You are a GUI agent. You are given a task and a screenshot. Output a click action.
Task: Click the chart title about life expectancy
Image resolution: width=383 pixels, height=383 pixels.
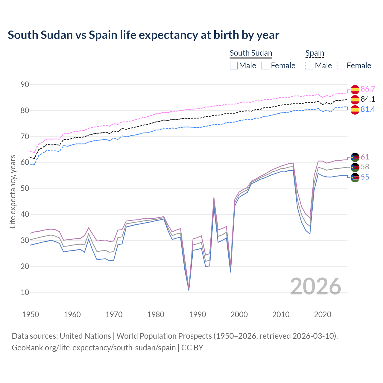pyautogui.click(x=143, y=35)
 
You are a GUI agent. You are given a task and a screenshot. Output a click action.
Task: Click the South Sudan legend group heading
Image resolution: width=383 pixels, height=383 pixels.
pyautogui.click(x=251, y=53)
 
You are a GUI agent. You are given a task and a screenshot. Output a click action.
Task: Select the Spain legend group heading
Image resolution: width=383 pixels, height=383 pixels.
pyautogui.click(x=314, y=53)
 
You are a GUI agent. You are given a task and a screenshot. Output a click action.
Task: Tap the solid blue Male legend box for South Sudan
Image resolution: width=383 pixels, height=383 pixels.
pyautogui.click(x=234, y=66)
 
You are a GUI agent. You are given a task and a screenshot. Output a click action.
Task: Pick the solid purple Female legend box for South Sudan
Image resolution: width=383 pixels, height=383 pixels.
pyautogui.click(x=265, y=66)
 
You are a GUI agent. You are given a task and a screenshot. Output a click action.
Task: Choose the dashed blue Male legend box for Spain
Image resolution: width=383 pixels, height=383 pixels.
pyautogui.click(x=309, y=66)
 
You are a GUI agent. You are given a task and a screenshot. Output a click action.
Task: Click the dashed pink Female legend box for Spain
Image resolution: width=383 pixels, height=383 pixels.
pyautogui.click(x=341, y=66)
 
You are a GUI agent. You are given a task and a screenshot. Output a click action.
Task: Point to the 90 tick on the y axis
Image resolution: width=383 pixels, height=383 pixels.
pyautogui.click(x=25, y=85)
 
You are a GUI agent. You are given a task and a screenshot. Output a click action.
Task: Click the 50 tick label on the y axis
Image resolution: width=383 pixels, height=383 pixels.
pyautogui.click(x=25, y=189)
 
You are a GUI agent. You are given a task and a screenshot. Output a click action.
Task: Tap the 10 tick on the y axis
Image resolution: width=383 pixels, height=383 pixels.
pyautogui.click(x=25, y=292)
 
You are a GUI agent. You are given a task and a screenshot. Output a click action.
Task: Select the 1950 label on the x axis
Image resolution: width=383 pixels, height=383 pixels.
pyautogui.click(x=31, y=314)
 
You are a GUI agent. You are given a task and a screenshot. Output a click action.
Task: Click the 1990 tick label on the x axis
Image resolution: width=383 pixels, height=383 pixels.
pyautogui.click(x=197, y=314)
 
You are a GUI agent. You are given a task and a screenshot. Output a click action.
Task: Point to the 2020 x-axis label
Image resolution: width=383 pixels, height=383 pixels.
pyautogui.click(x=323, y=314)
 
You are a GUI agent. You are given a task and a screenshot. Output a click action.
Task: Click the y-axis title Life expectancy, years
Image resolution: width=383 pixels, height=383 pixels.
pyautogui.click(x=13, y=191)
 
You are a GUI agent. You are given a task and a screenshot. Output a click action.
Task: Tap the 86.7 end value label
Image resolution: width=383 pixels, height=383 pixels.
pyautogui.click(x=368, y=89)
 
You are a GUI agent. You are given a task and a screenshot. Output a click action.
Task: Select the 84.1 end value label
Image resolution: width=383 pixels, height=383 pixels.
pyautogui.click(x=368, y=99)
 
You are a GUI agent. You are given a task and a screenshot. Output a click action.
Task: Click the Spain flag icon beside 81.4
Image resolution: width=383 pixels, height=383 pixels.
pyautogui.click(x=355, y=110)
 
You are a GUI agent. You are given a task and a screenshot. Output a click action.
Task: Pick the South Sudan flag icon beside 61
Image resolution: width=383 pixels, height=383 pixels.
pyautogui.click(x=355, y=157)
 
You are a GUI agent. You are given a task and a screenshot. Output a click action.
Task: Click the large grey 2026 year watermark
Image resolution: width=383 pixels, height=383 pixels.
pyautogui.click(x=316, y=286)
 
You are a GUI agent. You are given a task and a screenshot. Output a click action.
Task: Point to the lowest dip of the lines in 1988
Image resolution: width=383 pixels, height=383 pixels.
pyautogui.click(x=189, y=290)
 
